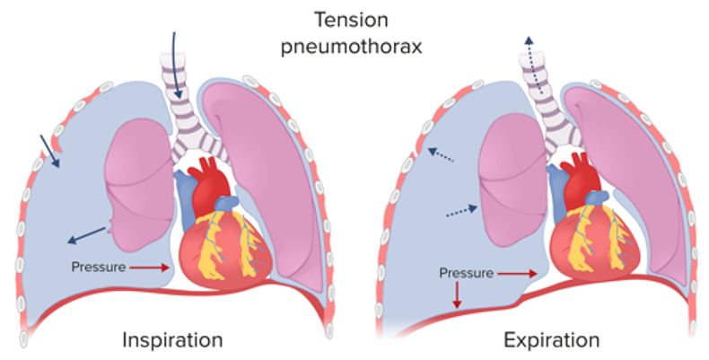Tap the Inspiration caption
[172, 341]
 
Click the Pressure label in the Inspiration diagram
[100, 267]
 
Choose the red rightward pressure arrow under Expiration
[520, 272]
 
